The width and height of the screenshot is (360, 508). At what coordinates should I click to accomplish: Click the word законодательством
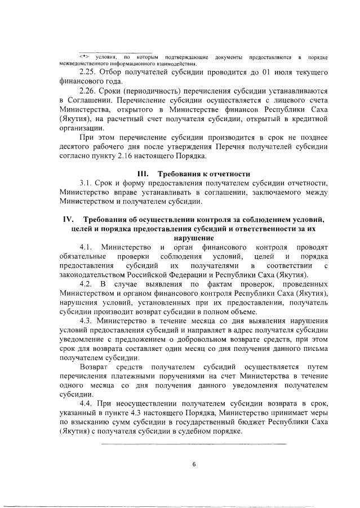click(94, 274)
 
